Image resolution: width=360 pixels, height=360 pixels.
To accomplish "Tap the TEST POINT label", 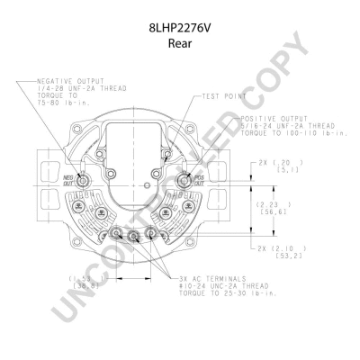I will (223, 95).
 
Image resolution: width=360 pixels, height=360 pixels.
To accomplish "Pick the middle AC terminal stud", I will (136, 238).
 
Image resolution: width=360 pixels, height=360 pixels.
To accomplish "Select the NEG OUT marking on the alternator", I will (68, 178).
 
